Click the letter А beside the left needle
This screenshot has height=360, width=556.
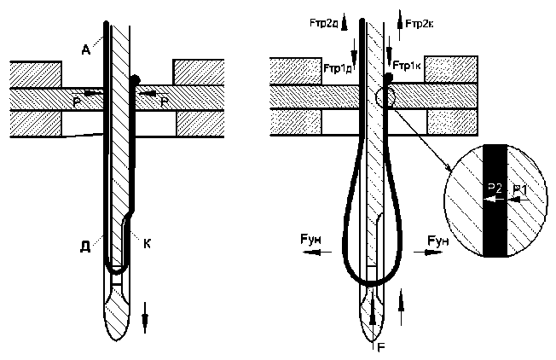tap(87, 49)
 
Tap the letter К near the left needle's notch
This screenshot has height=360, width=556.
tap(148, 244)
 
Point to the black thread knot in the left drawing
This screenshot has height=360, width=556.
tap(135, 81)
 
